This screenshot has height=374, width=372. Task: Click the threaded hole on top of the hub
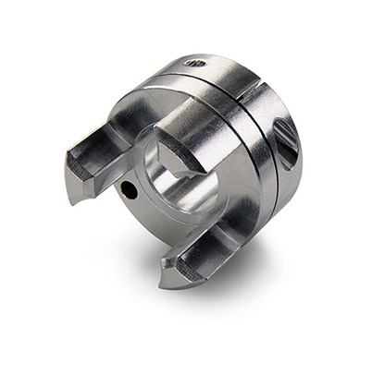click(x=195, y=63)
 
